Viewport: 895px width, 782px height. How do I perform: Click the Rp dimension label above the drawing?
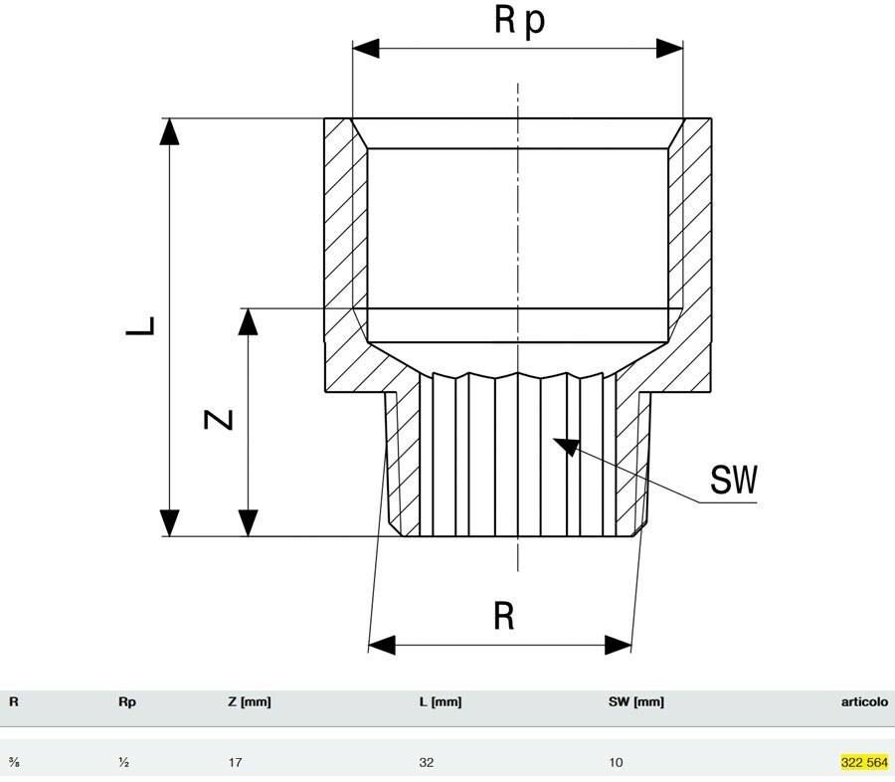pos(519,21)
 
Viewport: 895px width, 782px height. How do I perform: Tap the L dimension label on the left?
pos(142,325)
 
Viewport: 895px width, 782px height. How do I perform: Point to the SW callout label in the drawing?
pos(734,482)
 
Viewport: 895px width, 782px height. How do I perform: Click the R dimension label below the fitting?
pos(504,617)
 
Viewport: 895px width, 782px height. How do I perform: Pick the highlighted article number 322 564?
pos(863,763)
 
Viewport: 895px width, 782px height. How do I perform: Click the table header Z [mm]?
pos(250,701)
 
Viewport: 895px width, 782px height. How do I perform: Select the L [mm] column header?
pos(441,701)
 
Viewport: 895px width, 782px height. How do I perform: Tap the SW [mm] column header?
pos(636,701)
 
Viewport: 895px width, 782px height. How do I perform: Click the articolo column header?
pos(863,701)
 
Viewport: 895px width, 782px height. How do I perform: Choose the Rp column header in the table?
pos(126,701)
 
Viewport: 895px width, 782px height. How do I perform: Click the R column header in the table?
pos(14,701)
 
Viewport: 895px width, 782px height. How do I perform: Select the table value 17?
pos(235,763)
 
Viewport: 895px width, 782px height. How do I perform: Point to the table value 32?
pos(427,763)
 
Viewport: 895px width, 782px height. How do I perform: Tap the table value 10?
pos(616,763)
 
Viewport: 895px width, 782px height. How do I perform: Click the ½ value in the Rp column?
pos(122,763)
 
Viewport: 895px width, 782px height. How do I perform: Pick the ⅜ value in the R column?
pos(14,763)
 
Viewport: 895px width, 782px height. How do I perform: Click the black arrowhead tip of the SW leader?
pos(557,442)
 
